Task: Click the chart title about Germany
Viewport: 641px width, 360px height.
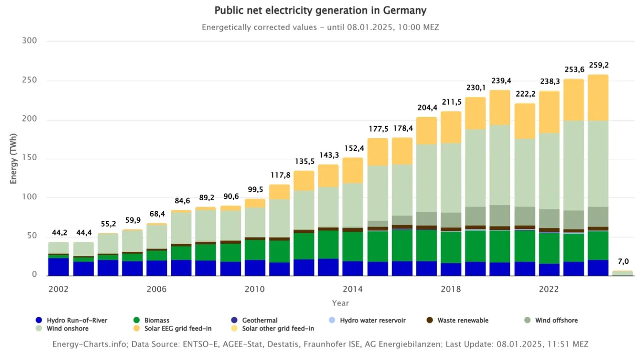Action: click(x=320, y=11)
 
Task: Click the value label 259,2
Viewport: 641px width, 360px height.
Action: click(x=598, y=66)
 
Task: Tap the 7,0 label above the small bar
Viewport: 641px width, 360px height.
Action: click(x=623, y=261)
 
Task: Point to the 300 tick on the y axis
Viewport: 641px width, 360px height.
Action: click(x=30, y=41)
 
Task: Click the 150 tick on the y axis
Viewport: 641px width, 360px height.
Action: click(x=30, y=159)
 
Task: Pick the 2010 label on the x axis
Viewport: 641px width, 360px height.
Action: click(x=255, y=289)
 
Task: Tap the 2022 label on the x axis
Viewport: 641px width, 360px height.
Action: click(x=549, y=289)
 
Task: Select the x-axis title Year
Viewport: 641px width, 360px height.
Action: click(x=340, y=303)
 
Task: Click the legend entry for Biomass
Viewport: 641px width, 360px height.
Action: click(x=156, y=320)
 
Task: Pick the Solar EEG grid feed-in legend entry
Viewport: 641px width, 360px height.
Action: click(x=173, y=329)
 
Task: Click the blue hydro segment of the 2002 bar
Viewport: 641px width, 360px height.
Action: click(x=59, y=267)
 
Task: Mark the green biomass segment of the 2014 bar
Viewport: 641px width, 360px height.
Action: click(x=353, y=246)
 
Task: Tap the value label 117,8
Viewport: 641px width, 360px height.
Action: click(x=279, y=175)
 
